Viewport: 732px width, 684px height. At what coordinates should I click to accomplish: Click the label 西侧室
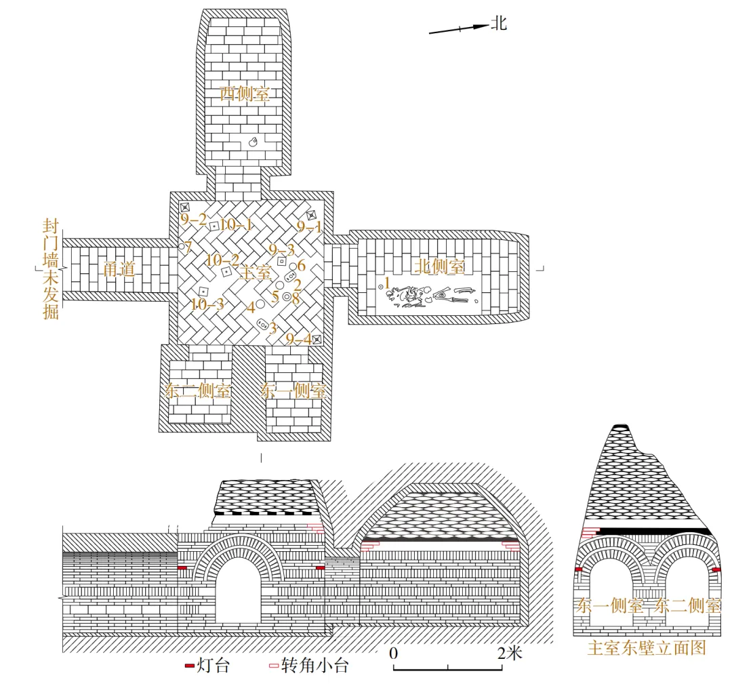pos(245,94)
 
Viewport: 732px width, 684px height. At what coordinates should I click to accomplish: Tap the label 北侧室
pos(440,266)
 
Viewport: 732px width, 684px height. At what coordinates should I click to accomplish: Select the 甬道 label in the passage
pos(121,269)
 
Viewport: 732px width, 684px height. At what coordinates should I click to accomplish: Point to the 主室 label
pos(256,273)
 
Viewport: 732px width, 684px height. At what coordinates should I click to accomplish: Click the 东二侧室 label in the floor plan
pos(199,391)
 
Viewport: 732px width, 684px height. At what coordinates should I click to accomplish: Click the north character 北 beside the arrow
pos(500,24)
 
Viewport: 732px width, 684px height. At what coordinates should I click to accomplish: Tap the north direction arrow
pos(458,28)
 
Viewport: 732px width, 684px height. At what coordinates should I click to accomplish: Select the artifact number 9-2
pos(193,220)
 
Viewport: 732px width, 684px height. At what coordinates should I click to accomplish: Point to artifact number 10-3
pos(207,304)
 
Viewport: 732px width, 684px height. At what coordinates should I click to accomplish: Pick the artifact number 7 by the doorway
pos(188,245)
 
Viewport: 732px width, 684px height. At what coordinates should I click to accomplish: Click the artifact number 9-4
pos(298,338)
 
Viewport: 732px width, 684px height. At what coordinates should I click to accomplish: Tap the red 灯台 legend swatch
pos(190,666)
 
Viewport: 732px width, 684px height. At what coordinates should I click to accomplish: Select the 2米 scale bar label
pos(509,654)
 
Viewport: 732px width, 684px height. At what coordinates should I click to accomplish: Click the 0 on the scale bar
pos(393,654)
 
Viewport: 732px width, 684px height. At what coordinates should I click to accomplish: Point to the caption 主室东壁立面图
pos(647,648)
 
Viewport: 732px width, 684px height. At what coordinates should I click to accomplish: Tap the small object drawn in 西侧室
pos(252,142)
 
